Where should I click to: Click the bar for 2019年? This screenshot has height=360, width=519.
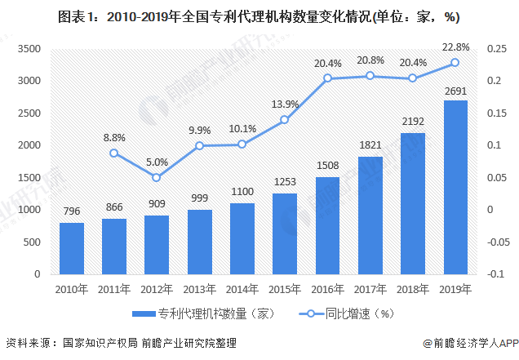click(455, 188)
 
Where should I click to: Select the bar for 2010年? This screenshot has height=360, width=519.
click(72, 248)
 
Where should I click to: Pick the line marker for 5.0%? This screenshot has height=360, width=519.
click(157, 177)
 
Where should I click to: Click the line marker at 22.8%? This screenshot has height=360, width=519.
click(455, 63)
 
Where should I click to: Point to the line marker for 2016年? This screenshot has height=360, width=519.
click(327, 78)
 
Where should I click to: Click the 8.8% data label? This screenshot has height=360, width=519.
click(113, 138)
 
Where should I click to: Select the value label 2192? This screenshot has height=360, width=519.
click(413, 121)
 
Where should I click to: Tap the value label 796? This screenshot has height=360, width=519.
click(72, 211)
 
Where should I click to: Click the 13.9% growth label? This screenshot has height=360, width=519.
click(285, 104)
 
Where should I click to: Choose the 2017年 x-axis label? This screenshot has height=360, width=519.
click(370, 288)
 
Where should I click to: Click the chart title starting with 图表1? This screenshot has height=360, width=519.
click(259, 14)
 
